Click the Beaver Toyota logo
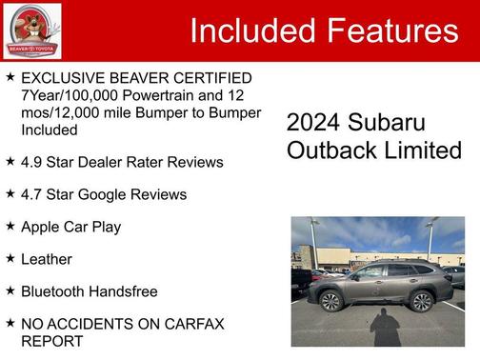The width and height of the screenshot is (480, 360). click(31, 30)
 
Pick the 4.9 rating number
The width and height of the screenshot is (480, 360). click(31, 162)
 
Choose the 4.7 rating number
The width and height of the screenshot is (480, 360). click(31, 194)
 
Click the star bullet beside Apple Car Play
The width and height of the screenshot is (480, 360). click(10, 226)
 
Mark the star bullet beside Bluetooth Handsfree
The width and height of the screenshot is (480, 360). click(10, 290)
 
